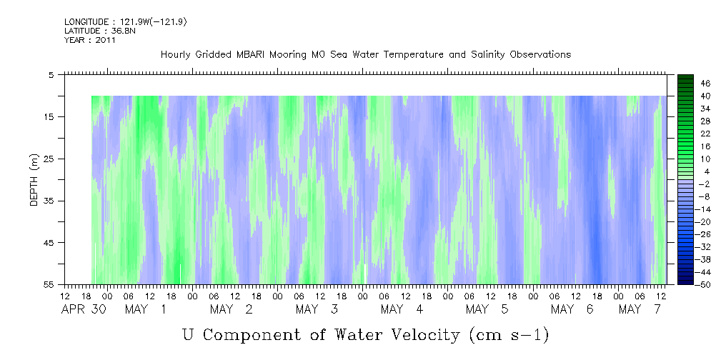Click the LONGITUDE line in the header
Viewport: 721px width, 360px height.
pyautogui.click(x=126, y=21)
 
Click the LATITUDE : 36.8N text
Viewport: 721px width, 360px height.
pyautogui.click(x=100, y=31)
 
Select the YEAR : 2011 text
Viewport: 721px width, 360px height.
pyautogui.click(x=90, y=40)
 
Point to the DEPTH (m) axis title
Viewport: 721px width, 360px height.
pyautogui.click(x=34, y=180)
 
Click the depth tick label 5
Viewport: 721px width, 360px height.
pyautogui.click(x=51, y=75)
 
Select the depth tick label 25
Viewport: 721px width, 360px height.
pyautogui.click(x=49, y=159)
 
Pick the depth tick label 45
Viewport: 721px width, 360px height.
pyautogui.click(x=49, y=243)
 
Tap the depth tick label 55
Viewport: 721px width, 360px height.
pyautogui.click(x=49, y=284)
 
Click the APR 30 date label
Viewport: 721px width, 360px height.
pyautogui.click(x=84, y=309)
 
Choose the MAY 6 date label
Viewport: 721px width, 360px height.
pyautogui.click(x=572, y=309)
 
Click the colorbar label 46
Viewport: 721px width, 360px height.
pyautogui.click(x=705, y=84)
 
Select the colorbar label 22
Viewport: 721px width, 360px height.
pyautogui.click(x=705, y=134)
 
